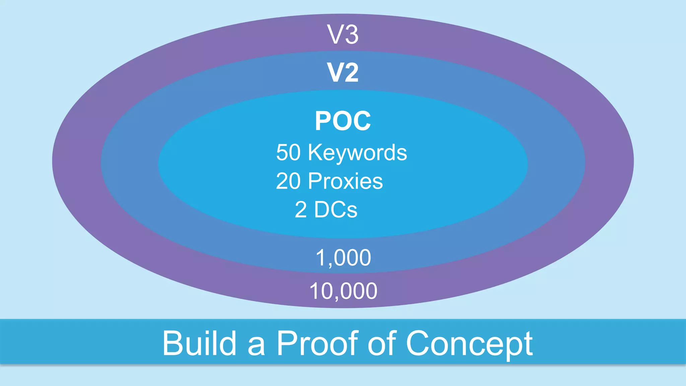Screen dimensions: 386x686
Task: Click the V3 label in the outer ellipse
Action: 343,35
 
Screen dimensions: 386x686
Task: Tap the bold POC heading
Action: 343,121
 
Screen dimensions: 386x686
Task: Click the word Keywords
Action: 357,153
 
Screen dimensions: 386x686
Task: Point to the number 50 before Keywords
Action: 288,153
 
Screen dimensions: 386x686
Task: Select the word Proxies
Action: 345,181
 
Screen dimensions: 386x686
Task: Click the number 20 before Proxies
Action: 288,181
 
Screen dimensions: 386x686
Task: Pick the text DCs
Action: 336,210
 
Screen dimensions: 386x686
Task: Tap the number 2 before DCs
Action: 300,210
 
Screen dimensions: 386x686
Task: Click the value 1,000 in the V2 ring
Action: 343,258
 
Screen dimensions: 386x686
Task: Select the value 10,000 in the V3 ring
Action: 343,291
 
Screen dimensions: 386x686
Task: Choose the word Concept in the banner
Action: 469,344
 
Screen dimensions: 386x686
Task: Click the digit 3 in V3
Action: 351,35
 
